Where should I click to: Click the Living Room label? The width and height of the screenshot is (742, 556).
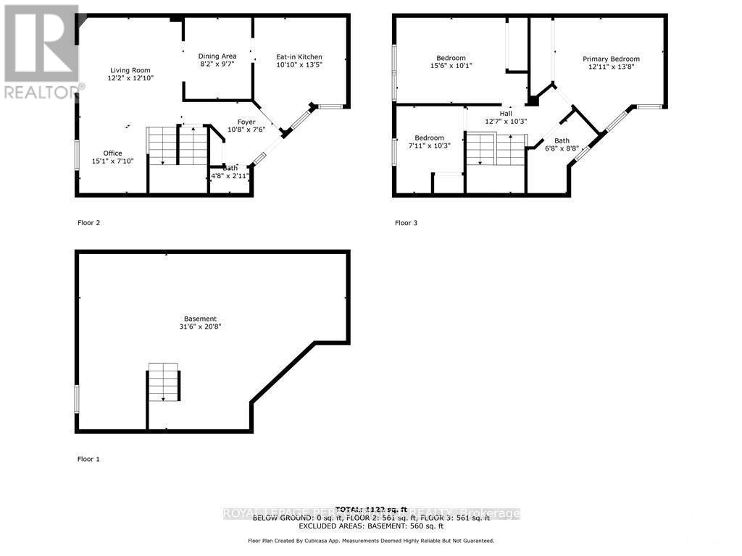click(x=130, y=70)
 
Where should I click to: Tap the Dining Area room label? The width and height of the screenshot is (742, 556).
click(x=217, y=56)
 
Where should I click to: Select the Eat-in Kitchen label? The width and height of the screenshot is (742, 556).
click(x=299, y=57)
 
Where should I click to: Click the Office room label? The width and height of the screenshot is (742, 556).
click(x=112, y=153)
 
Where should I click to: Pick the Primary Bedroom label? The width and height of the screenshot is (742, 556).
click(x=612, y=59)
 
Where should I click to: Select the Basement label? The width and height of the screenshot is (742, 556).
click(x=200, y=319)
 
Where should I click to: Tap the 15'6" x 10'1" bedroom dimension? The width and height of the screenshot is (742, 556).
click(x=451, y=66)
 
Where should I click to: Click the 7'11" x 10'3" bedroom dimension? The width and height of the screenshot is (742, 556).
click(x=429, y=146)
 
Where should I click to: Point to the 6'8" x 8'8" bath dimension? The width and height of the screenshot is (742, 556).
click(x=562, y=148)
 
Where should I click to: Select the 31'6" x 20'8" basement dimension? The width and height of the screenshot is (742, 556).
click(x=200, y=327)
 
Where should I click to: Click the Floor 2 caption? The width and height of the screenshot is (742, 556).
click(x=88, y=223)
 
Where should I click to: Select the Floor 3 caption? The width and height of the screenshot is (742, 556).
click(x=406, y=223)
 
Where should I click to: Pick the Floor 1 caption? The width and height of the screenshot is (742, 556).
click(x=88, y=459)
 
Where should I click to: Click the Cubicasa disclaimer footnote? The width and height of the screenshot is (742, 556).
click(x=371, y=541)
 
